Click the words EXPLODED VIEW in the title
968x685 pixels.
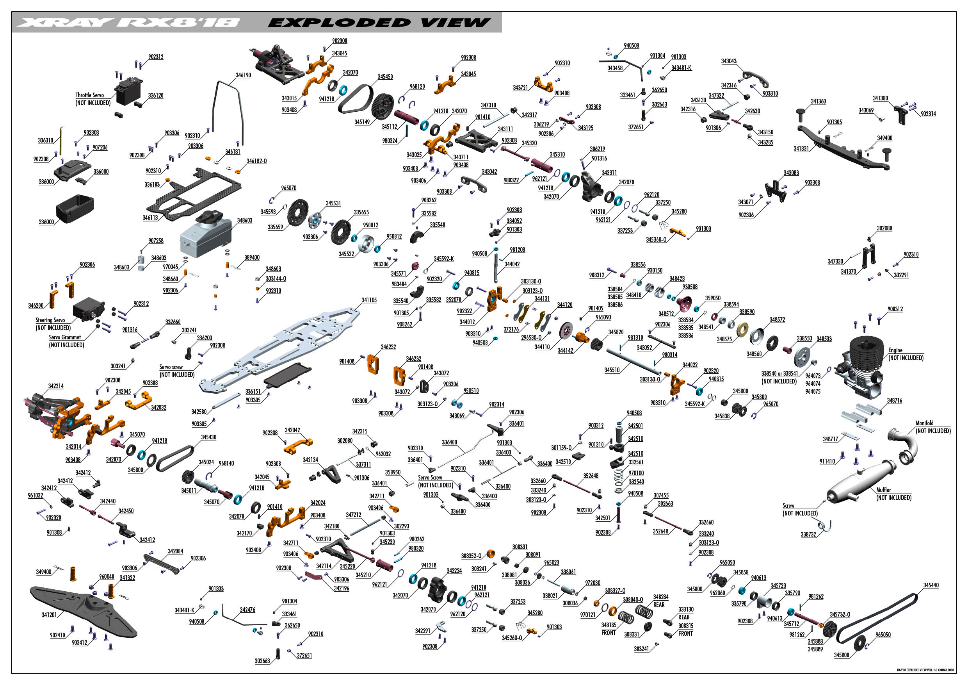(x=379, y=22)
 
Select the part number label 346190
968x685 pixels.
(x=243, y=75)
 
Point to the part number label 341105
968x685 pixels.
(x=369, y=300)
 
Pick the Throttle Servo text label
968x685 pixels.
(x=89, y=95)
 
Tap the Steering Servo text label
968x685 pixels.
(x=50, y=320)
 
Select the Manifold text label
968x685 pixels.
(x=924, y=423)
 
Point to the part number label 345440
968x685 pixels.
(x=931, y=585)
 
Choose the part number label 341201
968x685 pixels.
(x=49, y=615)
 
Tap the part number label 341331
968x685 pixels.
(x=801, y=148)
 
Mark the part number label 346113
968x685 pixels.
(x=150, y=218)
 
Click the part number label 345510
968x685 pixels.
(x=612, y=370)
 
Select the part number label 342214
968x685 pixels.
(x=56, y=386)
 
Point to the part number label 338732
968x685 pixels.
(x=809, y=534)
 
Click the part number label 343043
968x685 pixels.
(x=729, y=61)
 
